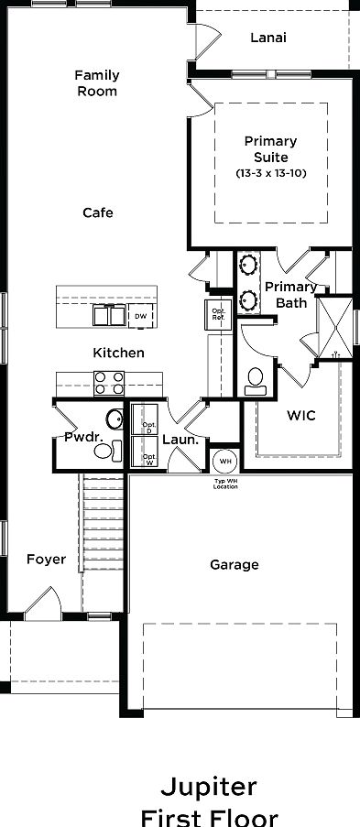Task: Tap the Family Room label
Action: pos(97,83)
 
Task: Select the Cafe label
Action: pos(98,212)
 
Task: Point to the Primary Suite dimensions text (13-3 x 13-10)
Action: pos(270,172)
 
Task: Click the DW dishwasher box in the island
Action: pos(140,317)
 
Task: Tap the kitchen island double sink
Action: pos(109,316)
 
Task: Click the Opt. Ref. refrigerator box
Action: pos(219,315)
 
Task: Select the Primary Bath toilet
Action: pos(255,379)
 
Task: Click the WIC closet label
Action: pos(301,415)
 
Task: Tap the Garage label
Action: pos(235,565)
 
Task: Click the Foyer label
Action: pos(46,559)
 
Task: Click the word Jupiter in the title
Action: pos(209,787)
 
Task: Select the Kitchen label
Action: pos(118,353)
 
